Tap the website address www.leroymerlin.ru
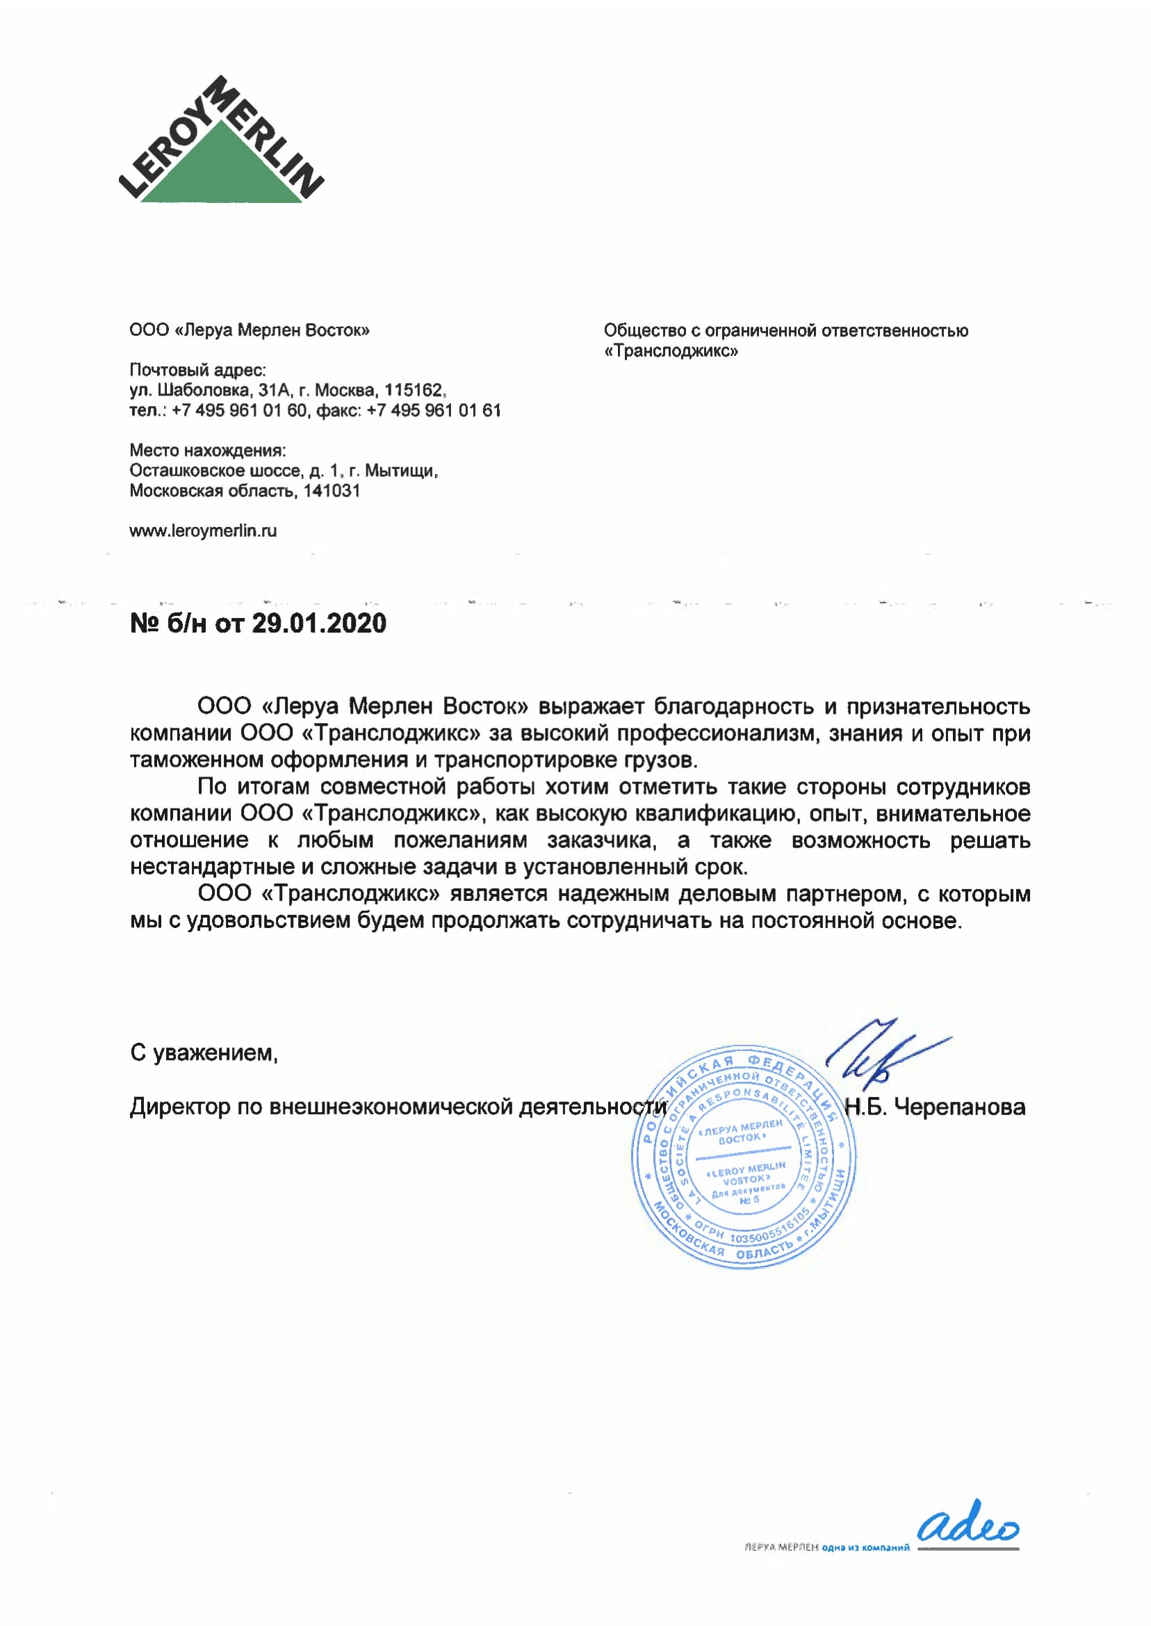point(203,531)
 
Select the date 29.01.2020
point(319,624)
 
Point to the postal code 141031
point(332,491)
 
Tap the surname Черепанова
point(960,1107)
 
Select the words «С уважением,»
point(204,1053)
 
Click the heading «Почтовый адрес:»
point(197,369)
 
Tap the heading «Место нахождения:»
point(208,450)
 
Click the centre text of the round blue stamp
point(744,1162)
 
